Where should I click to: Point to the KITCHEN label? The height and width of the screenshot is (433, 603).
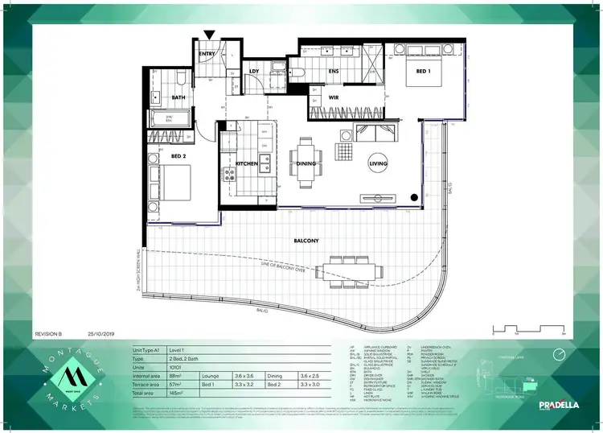click(246, 163)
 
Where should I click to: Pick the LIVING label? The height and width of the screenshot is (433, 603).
click(378, 163)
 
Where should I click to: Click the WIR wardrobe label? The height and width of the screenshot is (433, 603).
click(333, 98)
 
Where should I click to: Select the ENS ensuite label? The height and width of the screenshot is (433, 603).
click(334, 72)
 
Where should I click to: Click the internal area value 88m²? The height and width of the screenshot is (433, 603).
click(188, 375)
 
